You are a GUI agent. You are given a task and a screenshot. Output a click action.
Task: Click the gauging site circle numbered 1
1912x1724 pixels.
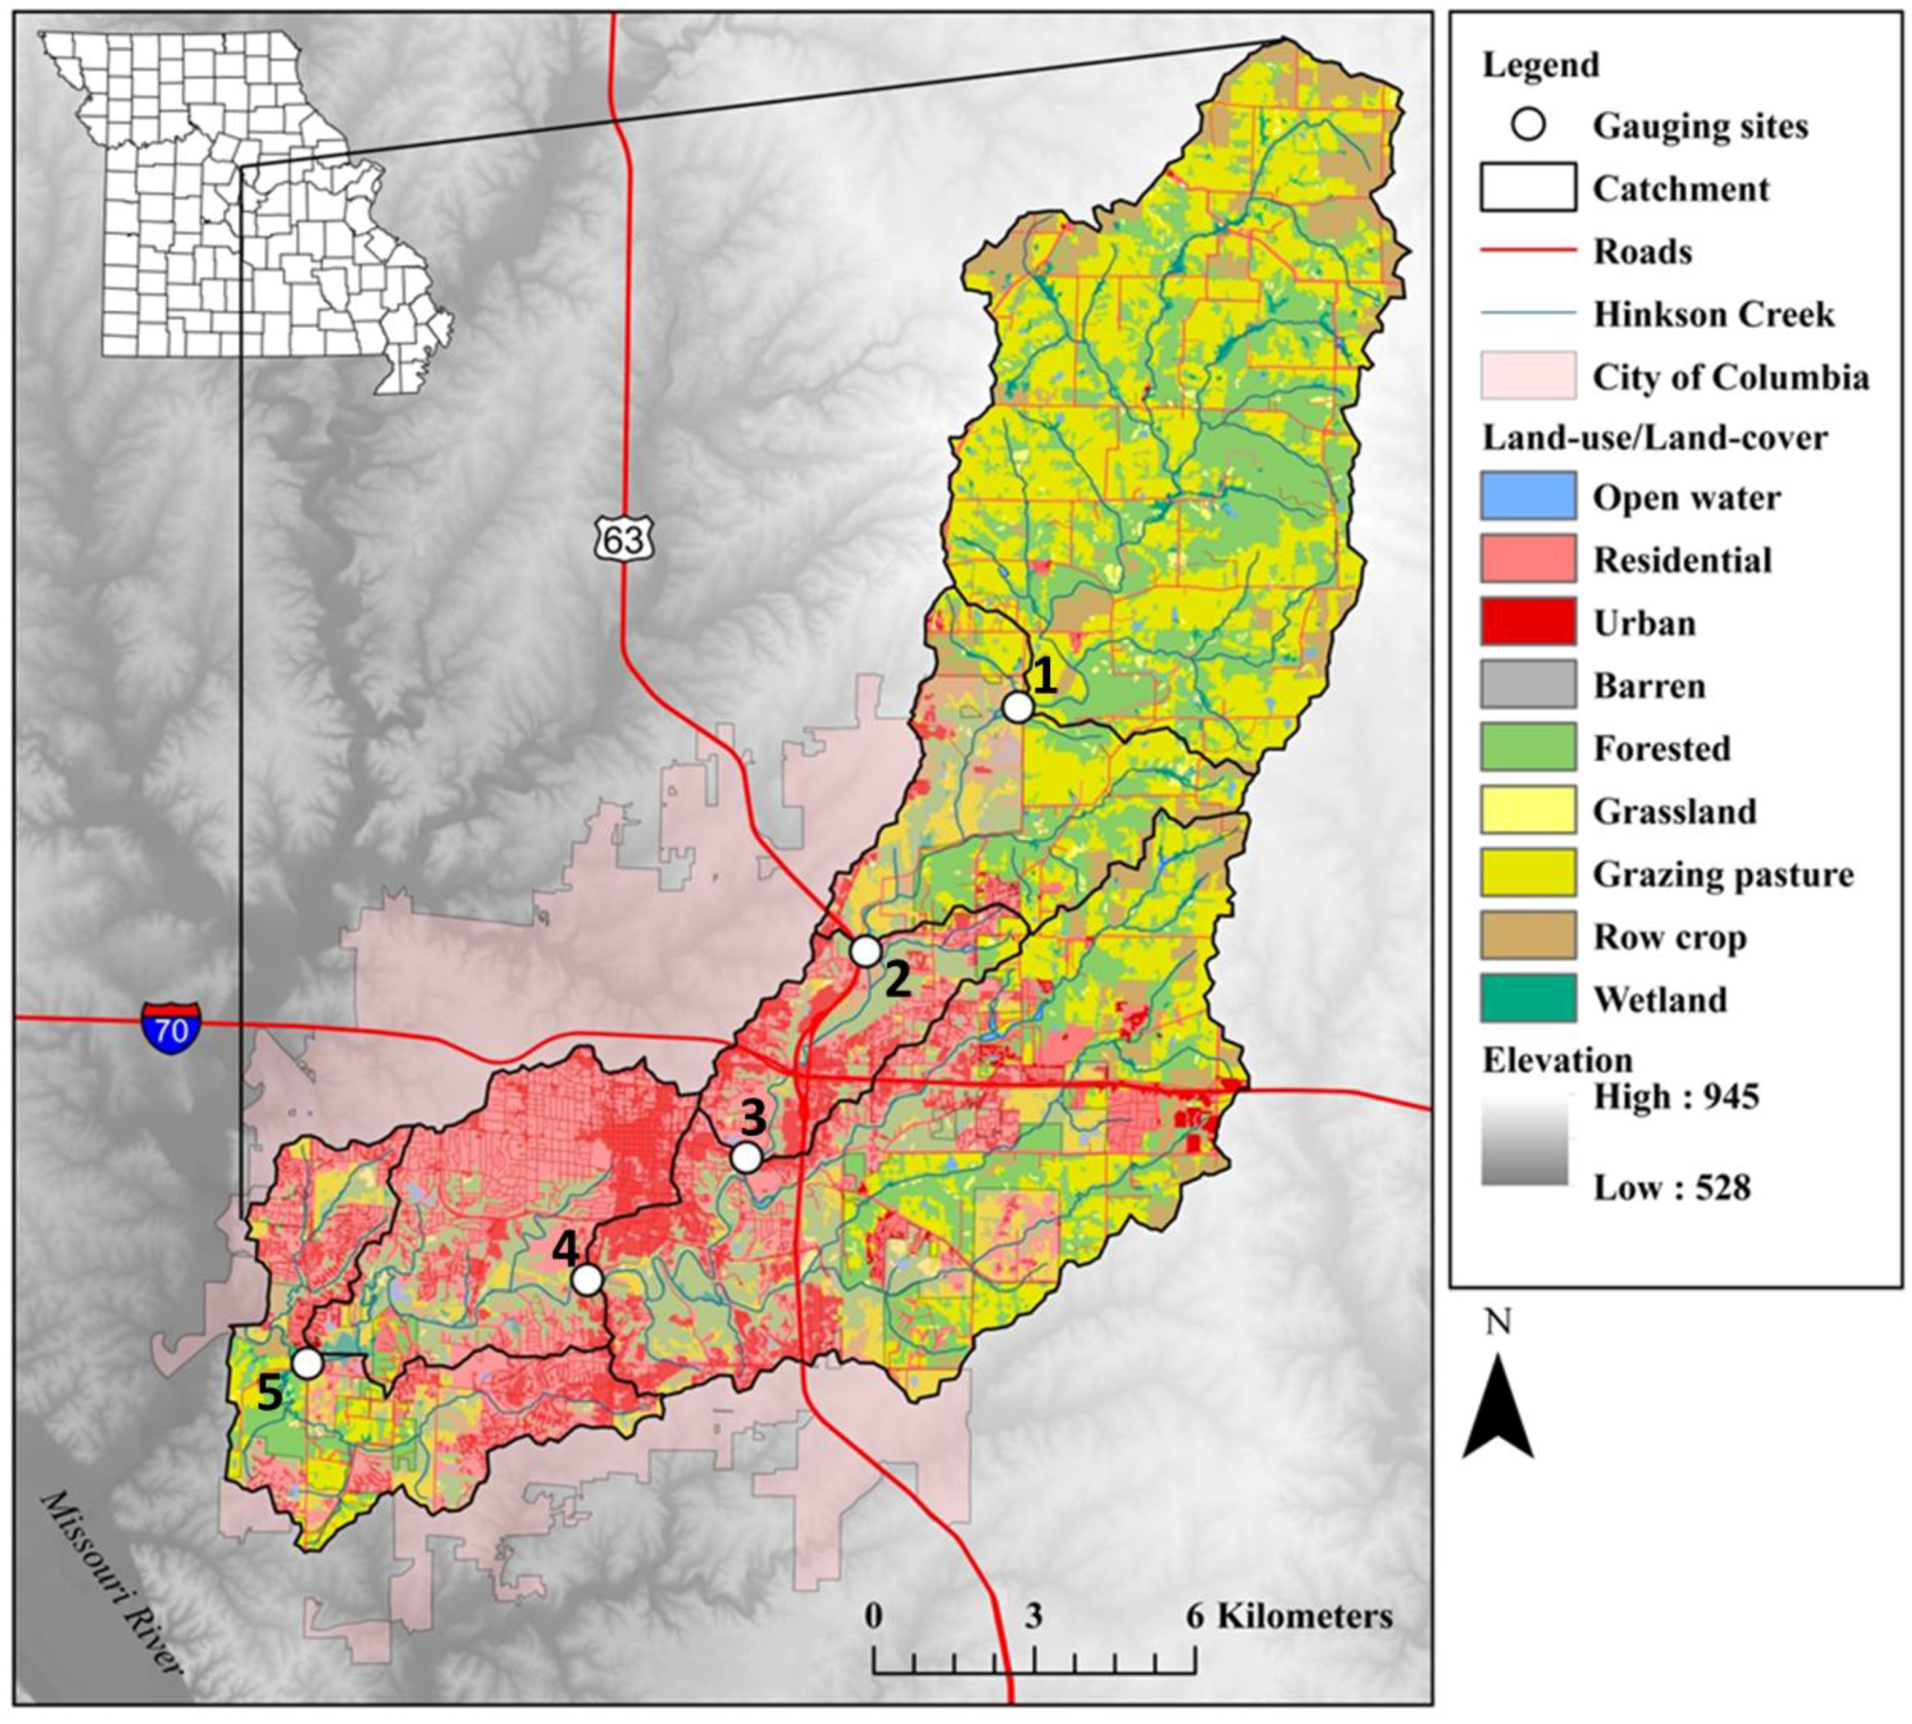point(1017,706)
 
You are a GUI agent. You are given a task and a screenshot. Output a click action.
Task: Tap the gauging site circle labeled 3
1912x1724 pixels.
point(747,1157)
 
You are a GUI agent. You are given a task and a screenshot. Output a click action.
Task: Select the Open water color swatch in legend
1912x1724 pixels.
point(1527,496)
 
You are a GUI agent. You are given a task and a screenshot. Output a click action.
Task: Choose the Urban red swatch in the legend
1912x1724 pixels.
point(1527,622)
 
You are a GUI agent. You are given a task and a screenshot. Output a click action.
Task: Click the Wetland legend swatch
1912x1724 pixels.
point(1527,999)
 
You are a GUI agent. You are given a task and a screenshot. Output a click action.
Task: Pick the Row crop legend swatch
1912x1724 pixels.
point(1527,936)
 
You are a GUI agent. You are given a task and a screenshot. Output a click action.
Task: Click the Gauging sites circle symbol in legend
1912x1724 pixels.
point(1527,125)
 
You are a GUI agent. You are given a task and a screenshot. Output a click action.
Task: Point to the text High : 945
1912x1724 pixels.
point(1675,1097)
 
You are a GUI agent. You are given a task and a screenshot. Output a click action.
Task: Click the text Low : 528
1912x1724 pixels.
point(1671,1187)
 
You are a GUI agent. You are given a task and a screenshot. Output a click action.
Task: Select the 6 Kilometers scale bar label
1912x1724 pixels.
point(1289,1616)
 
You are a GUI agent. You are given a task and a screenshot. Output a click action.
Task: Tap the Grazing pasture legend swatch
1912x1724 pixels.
point(1527,873)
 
